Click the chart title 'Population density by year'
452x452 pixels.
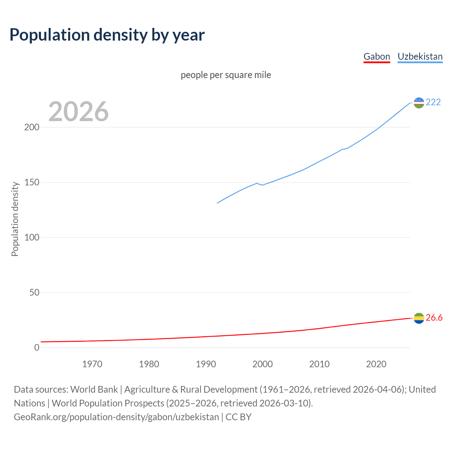point(107,35)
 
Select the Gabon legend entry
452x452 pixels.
point(377,56)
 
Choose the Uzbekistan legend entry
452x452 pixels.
point(420,56)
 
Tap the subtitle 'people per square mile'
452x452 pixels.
point(226,75)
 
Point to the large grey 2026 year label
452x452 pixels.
point(78,112)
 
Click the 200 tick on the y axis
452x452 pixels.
point(32,127)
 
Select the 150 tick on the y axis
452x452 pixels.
point(32,183)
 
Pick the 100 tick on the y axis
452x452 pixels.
point(32,238)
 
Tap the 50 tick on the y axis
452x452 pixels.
point(34,293)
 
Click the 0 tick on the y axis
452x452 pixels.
point(37,348)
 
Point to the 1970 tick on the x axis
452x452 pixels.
point(92,364)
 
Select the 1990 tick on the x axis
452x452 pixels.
point(206,364)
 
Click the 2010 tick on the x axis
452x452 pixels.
point(319,364)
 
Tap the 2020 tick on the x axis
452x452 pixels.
point(376,364)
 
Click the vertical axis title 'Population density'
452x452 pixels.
point(15,219)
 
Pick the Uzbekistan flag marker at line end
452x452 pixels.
point(419,103)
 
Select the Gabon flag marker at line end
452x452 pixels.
point(419,318)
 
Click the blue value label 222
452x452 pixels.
point(433,102)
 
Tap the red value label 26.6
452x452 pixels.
point(434,318)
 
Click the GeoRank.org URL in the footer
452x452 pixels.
point(117,417)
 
